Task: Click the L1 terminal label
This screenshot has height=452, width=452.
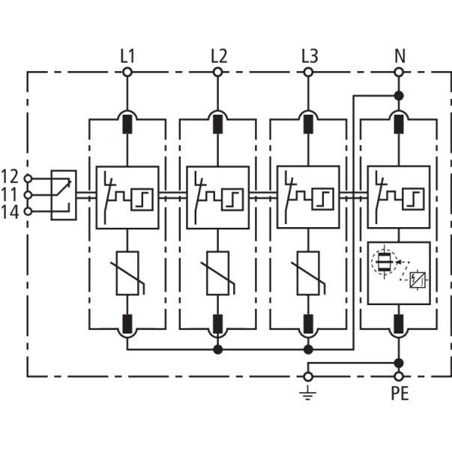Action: tap(127, 56)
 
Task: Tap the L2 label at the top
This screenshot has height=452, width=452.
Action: tap(219, 56)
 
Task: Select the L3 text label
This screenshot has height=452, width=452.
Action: tap(310, 56)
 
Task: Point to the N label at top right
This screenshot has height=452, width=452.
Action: tap(400, 56)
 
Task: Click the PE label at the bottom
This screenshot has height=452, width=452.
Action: tap(400, 394)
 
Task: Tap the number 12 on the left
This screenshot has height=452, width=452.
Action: tap(10, 176)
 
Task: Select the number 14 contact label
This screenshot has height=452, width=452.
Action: tap(10, 212)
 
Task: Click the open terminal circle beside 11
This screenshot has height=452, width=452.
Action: tap(28, 195)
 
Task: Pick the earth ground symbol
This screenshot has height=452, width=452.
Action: tap(308, 394)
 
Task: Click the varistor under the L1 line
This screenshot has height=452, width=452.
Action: tap(127, 274)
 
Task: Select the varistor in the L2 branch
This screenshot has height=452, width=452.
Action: tap(218, 274)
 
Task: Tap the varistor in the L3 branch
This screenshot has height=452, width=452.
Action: tap(308, 274)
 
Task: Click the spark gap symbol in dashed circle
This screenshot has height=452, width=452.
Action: tap(385, 262)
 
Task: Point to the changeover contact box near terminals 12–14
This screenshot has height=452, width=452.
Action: tap(64, 195)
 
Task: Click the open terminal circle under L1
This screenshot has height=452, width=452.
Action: tap(127, 72)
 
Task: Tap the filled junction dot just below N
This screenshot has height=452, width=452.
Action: tap(399, 95)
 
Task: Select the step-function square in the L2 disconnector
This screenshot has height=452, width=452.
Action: tap(232, 199)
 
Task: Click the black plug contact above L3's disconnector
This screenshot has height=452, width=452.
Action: tap(308, 124)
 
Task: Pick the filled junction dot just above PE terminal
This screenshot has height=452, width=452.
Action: tap(399, 364)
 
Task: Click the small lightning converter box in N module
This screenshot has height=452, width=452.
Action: tap(418, 280)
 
